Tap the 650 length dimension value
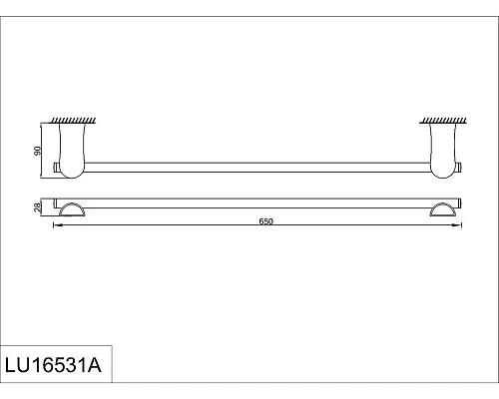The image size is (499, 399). click(265, 221)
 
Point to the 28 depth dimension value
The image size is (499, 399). click(38, 206)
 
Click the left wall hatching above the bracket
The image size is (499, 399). click(75, 121)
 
